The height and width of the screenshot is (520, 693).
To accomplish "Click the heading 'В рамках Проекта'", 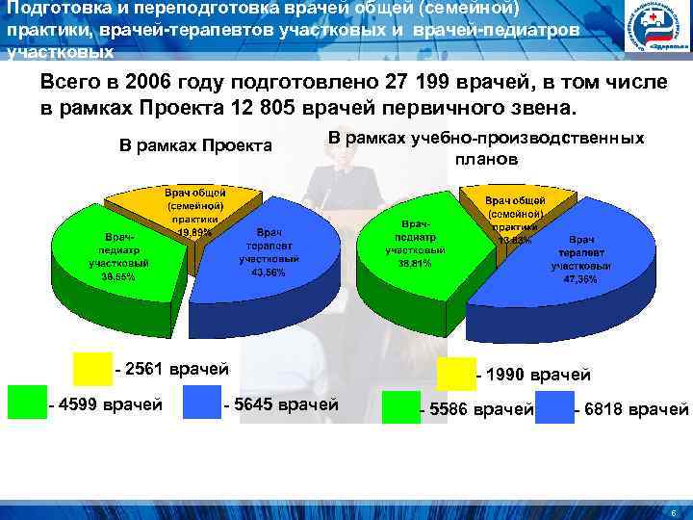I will click(x=195, y=146).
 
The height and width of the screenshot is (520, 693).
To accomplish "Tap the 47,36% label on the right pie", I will click(x=580, y=278).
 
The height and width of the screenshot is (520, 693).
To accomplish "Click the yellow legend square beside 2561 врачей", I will click(x=93, y=369).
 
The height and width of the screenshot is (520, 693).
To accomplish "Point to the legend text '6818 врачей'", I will click(x=630, y=410).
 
